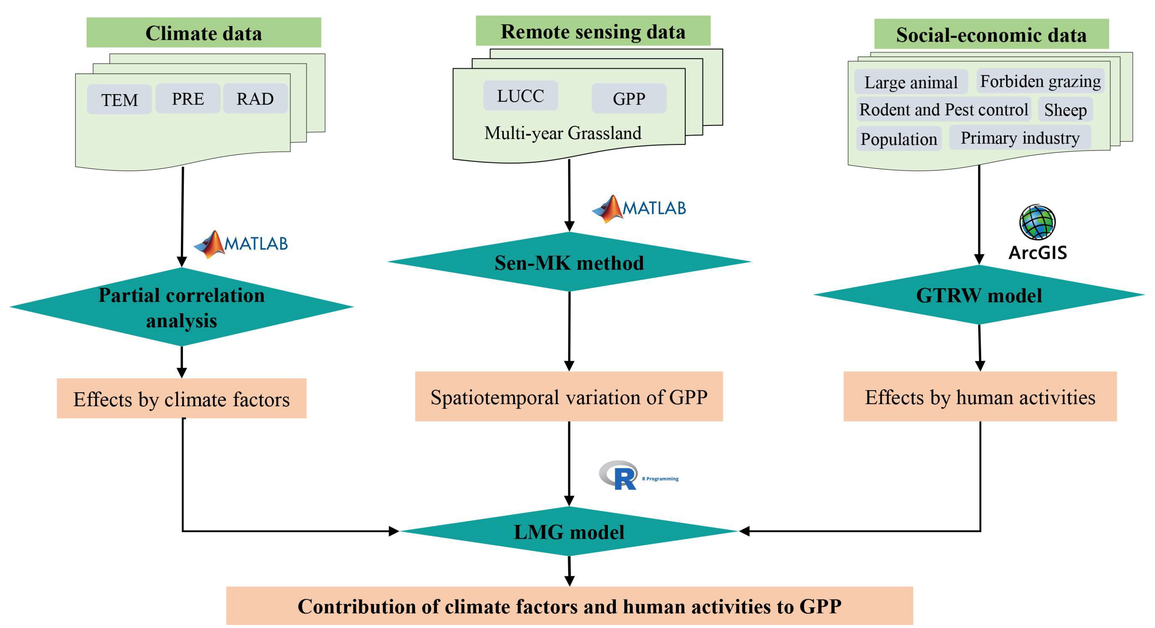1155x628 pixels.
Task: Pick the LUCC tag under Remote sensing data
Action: coord(520,96)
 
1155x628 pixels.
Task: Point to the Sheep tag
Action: coord(1065,110)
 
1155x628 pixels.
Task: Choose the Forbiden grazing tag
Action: coord(1040,82)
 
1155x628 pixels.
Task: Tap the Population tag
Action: coord(899,139)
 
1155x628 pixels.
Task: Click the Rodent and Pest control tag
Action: coord(943,110)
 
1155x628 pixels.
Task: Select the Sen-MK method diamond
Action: coord(569,262)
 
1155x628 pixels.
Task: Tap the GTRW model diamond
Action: coord(979,295)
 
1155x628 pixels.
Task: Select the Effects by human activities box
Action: coord(980,397)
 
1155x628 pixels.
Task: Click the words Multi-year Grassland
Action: coord(563,133)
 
